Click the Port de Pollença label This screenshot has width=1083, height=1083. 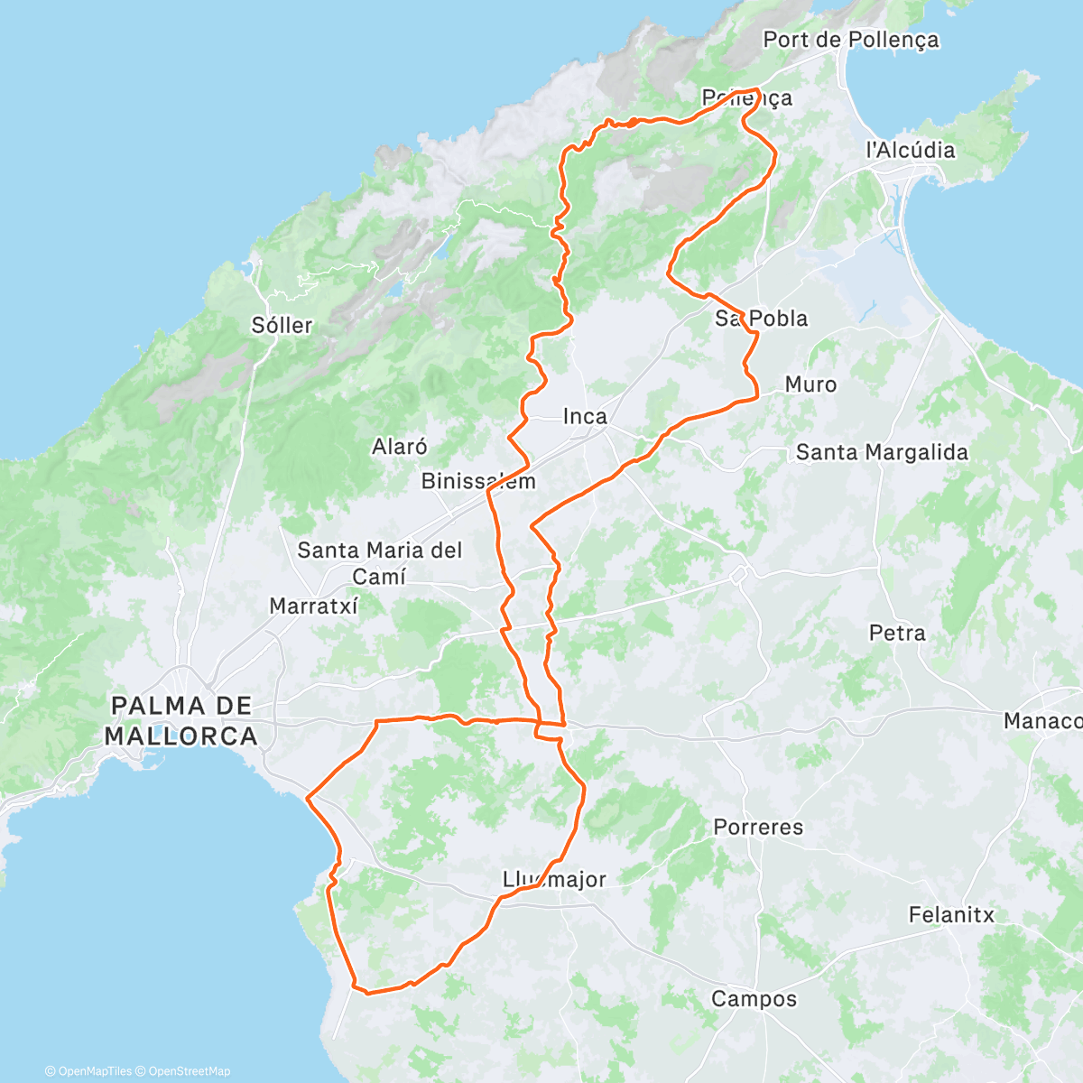850,40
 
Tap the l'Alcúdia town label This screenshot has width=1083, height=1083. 910,150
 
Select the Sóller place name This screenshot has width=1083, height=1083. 282,325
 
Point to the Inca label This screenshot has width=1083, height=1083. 585,416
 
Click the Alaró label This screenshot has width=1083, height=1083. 399,446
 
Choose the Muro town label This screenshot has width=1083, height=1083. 810,384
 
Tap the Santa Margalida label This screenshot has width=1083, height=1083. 881,452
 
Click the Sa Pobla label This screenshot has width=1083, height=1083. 761,319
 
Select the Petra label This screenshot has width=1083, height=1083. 896,633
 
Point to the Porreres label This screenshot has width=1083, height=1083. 757,827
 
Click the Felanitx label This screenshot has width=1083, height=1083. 950,915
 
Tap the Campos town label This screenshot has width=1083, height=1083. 754,999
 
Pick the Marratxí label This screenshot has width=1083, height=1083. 313,606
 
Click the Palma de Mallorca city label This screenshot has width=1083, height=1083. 180,720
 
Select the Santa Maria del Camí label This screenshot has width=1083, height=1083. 379,562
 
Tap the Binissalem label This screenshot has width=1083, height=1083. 478,481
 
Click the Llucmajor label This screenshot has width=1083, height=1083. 554,879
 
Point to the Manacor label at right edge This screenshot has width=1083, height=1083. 1042,721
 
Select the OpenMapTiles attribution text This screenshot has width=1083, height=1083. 88,1071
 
